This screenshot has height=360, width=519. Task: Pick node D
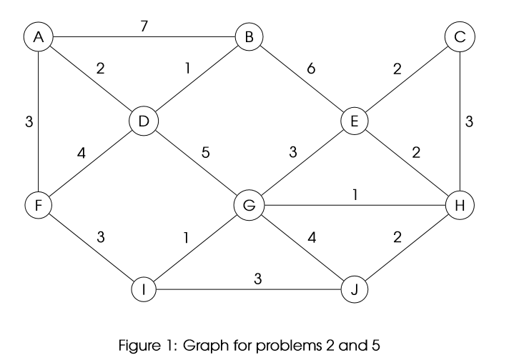click(x=143, y=121)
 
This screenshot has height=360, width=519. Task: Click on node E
click(x=354, y=121)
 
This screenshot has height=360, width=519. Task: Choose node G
click(x=249, y=205)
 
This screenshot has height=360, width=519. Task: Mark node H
click(x=459, y=205)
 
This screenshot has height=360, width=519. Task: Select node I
click(x=143, y=289)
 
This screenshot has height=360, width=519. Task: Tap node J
click(x=354, y=289)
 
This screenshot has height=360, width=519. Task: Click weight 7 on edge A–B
click(x=144, y=26)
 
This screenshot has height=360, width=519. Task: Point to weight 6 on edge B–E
click(x=310, y=69)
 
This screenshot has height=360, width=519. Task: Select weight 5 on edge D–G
click(x=205, y=152)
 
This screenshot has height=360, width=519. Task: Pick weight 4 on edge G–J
click(x=310, y=237)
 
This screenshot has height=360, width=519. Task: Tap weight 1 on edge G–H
click(x=355, y=194)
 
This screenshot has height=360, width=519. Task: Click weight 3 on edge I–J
click(x=257, y=279)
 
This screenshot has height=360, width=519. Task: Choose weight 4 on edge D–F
click(x=82, y=152)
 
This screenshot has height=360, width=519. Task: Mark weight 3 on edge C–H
click(x=469, y=122)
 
